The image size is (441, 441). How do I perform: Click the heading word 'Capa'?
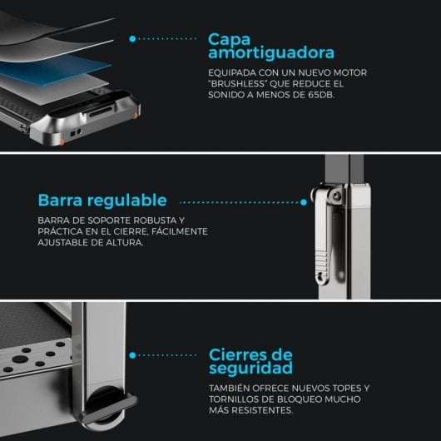(x=229, y=39)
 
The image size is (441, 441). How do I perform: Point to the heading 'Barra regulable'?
(x=102, y=201)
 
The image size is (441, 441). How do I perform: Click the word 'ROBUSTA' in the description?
(x=156, y=220)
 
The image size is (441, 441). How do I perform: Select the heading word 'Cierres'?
(x=243, y=354)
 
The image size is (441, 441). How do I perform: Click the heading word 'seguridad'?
(x=250, y=368)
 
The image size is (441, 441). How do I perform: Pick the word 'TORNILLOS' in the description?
(x=237, y=400)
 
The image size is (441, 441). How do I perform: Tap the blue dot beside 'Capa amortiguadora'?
(x=132, y=38)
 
